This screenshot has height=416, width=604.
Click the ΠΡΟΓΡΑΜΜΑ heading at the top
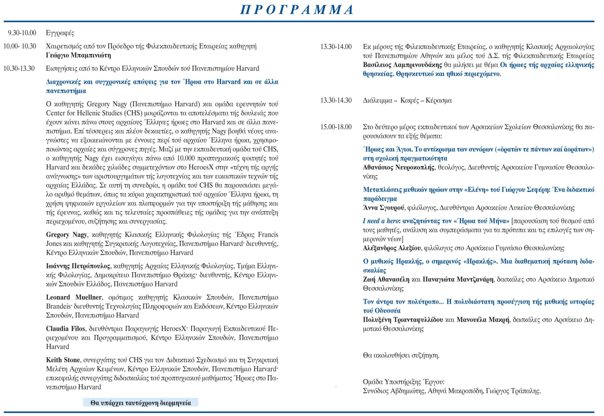297,10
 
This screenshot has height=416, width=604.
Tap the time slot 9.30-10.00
22,33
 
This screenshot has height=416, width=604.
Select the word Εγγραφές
60,33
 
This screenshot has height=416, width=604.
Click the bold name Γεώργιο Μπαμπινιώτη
79,55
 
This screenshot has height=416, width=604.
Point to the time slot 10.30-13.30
19,69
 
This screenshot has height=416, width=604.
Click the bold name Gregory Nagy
66,235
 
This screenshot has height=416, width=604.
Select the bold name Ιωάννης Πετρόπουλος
78,266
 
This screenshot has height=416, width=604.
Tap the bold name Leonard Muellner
74,297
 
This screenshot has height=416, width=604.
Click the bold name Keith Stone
63,360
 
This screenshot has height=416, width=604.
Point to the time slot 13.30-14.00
336,47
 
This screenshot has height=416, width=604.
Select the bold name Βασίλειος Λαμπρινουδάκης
403,65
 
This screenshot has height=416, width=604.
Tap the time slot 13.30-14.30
336,100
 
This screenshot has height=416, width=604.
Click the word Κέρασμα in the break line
438,100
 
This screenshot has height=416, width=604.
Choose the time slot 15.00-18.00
336,127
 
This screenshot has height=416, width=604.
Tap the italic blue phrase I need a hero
381,221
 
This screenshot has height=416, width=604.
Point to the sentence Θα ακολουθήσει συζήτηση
401,355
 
